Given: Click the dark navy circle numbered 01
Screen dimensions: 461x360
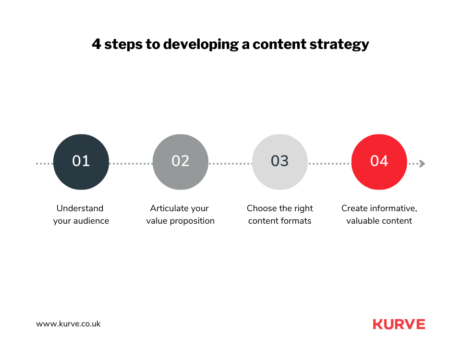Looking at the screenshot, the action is point(81,162).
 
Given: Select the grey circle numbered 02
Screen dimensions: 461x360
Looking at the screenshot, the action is point(181,162).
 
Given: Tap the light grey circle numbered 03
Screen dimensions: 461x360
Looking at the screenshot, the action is point(280,162).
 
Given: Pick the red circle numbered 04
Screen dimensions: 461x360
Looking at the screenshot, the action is point(379,162).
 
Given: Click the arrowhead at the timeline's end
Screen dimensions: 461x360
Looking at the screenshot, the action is point(423,164).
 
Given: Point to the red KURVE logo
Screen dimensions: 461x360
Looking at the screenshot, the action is point(399,324).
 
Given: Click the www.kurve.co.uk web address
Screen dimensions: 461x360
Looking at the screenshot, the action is point(68,324).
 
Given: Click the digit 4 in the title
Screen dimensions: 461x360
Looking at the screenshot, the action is point(97,44).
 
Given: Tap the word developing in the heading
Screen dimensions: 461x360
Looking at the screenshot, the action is point(201,45).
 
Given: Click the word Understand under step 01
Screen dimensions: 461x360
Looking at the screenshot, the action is point(80,208).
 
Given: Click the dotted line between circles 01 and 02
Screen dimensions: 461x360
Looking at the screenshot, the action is point(131,164).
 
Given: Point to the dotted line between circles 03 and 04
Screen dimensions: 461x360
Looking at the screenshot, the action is point(329,164).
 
